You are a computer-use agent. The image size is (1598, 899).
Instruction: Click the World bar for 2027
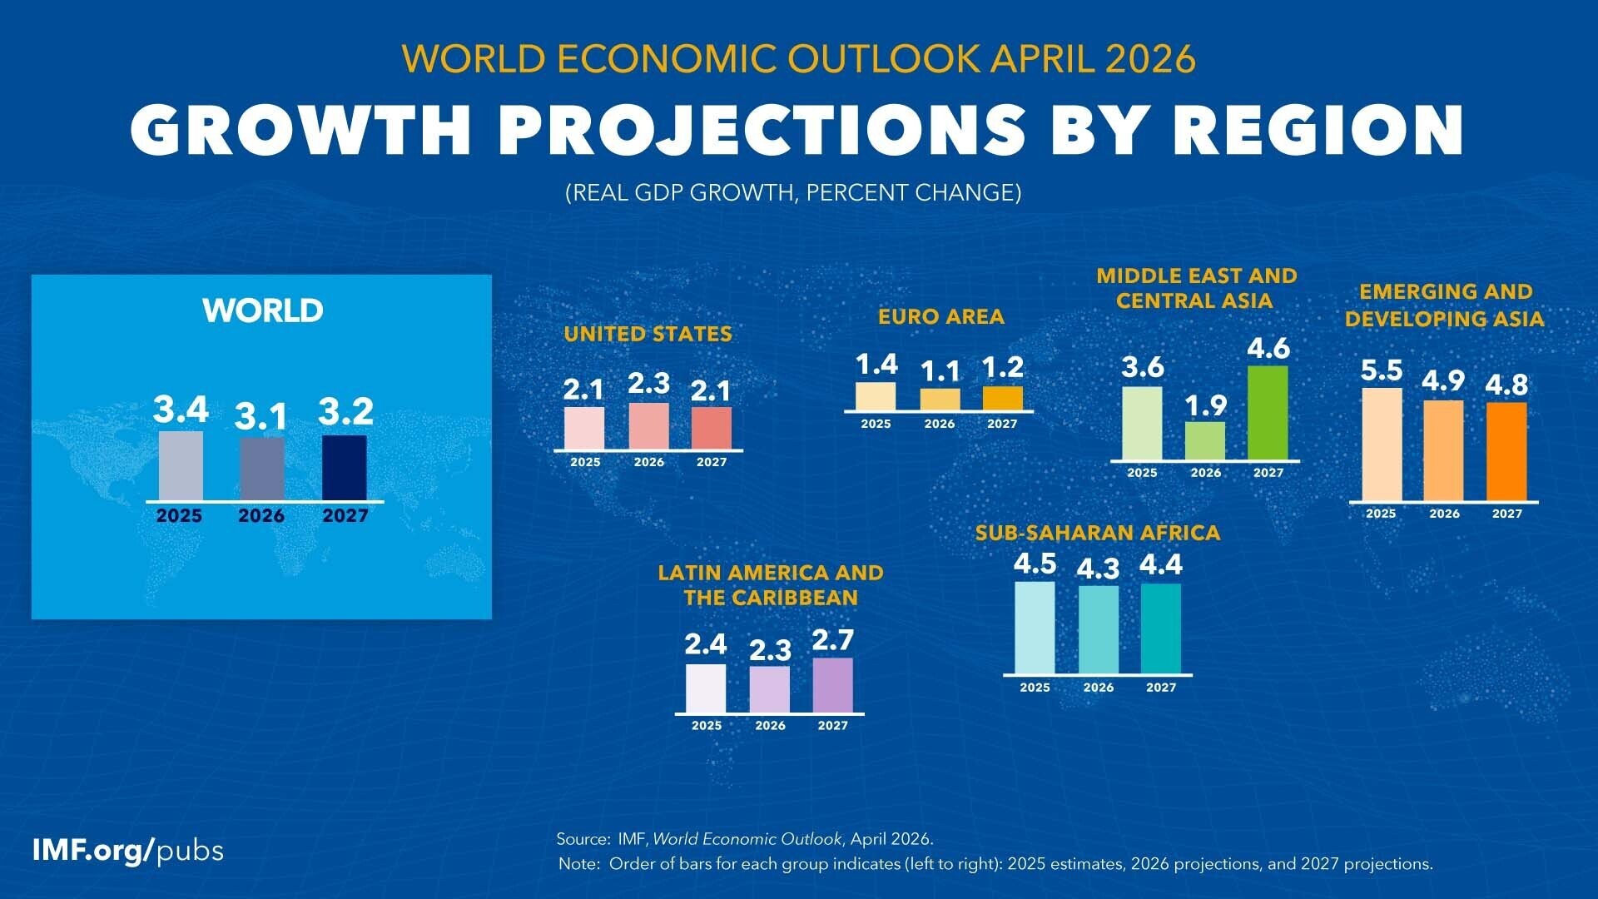pyautogui.click(x=344, y=468)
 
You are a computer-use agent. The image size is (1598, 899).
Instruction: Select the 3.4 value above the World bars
pyautogui.click(x=181, y=410)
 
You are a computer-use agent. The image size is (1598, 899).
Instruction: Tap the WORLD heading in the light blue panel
pyautogui.click(x=262, y=310)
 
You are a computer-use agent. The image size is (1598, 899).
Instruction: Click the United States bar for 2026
pyautogui.click(x=648, y=426)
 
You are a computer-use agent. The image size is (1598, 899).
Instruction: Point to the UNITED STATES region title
pyautogui.click(x=648, y=334)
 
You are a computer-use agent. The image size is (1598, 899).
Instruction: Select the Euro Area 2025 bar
pyautogui.click(x=876, y=396)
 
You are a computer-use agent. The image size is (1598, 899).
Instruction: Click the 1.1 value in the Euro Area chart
pyautogui.click(x=940, y=371)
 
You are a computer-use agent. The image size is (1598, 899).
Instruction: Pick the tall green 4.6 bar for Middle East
pyautogui.click(x=1268, y=412)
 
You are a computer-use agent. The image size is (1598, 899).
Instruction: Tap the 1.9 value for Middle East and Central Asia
pyautogui.click(x=1205, y=405)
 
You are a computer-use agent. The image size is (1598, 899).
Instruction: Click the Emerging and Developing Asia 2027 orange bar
pyautogui.click(x=1506, y=452)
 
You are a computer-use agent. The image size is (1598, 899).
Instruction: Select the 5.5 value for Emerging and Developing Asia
pyautogui.click(x=1382, y=370)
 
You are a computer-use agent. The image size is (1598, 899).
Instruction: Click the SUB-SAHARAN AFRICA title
pyautogui.click(x=1097, y=533)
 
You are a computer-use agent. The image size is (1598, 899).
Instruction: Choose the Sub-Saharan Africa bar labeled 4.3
pyautogui.click(x=1099, y=629)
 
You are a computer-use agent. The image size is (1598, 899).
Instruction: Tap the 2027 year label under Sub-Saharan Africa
pyautogui.click(x=1161, y=688)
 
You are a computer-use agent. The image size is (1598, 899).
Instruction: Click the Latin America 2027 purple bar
pyautogui.click(x=832, y=685)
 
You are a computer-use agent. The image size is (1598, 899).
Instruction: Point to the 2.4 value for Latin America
pyautogui.click(x=706, y=644)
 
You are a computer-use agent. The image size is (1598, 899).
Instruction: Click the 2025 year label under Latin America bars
pyautogui.click(x=707, y=726)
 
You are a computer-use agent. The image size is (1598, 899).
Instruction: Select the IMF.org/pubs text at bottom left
pyautogui.click(x=127, y=851)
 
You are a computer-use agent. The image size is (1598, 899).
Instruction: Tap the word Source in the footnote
pyautogui.click(x=583, y=839)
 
